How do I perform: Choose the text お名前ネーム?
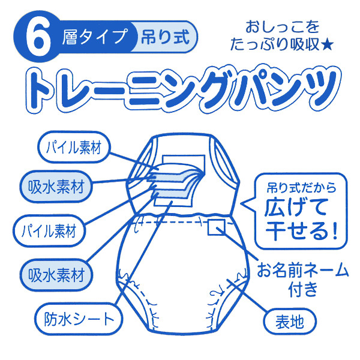(302, 270)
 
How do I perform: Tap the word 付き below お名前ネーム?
(303, 290)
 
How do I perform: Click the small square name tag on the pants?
(216, 228)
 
